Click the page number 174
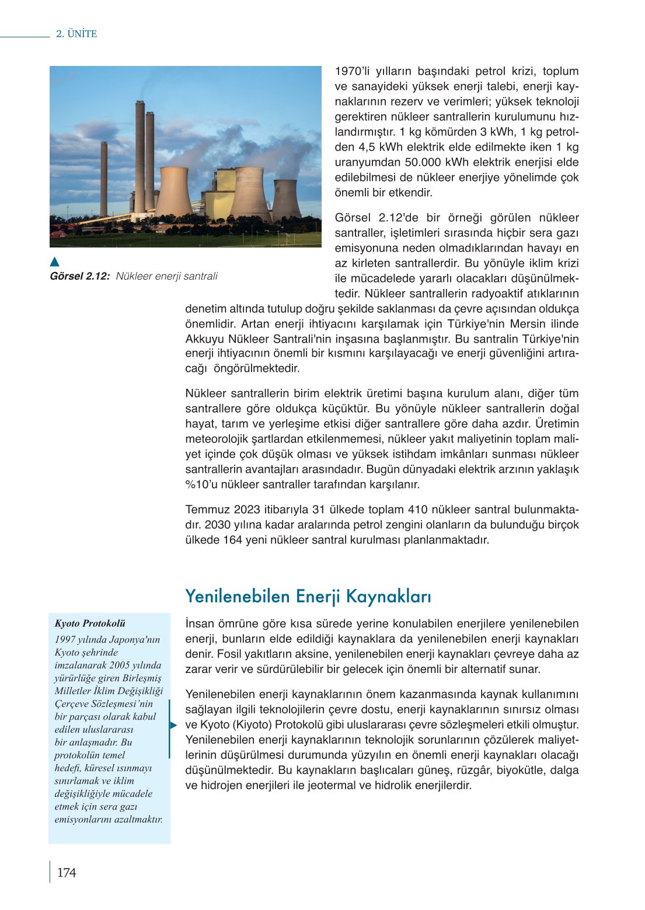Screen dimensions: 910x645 click(67, 873)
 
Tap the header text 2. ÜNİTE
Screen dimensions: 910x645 click(76, 34)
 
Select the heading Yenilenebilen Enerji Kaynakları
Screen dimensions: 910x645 click(308, 597)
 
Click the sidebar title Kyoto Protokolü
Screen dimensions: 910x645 click(90, 623)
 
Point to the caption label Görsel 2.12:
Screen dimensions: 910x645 click(80, 276)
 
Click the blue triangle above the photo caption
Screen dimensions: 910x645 click(54, 262)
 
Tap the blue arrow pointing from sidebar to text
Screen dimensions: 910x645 click(173, 725)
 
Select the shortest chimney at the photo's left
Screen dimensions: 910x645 click(104, 178)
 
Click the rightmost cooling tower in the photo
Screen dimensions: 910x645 click(285, 200)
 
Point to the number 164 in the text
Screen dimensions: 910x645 click(233, 540)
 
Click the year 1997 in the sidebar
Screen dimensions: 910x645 click(66, 640)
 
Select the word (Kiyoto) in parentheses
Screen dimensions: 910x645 click(252, 725)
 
